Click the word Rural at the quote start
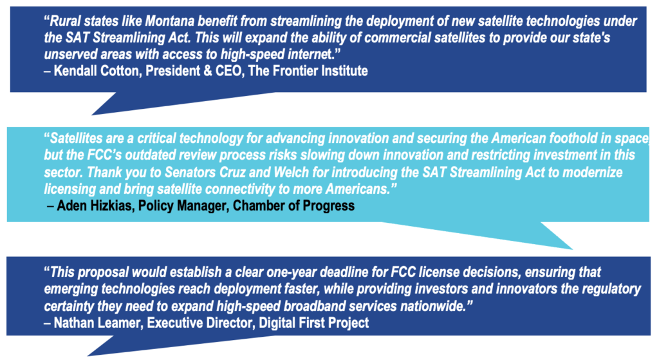tap(65, 21)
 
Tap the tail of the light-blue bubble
tap(571, 248)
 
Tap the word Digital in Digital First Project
tap(277, 323)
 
